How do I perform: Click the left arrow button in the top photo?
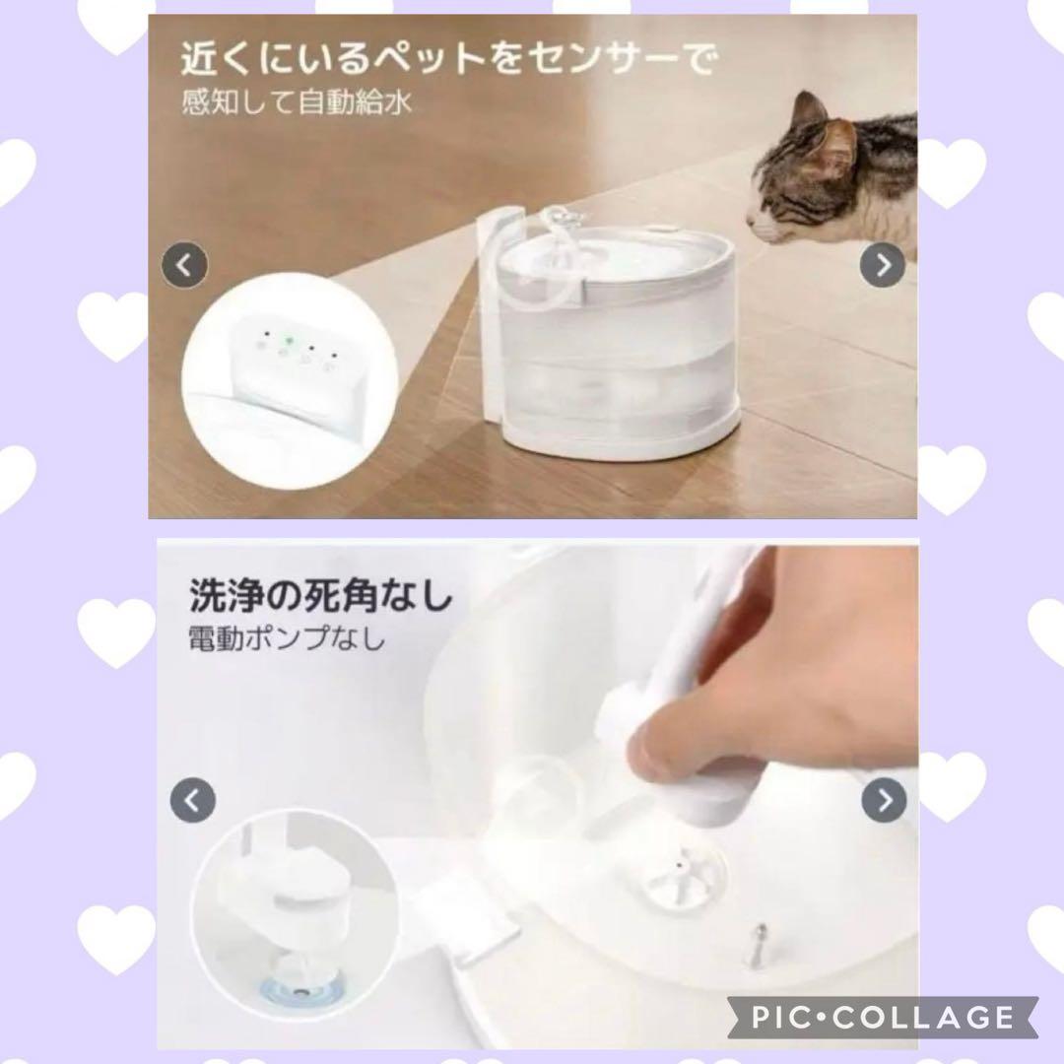tap(184, 264)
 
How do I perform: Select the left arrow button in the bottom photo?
tap(193, 799)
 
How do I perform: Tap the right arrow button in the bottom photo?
tap(883, 799)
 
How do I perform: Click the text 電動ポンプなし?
tap(287, 639)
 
